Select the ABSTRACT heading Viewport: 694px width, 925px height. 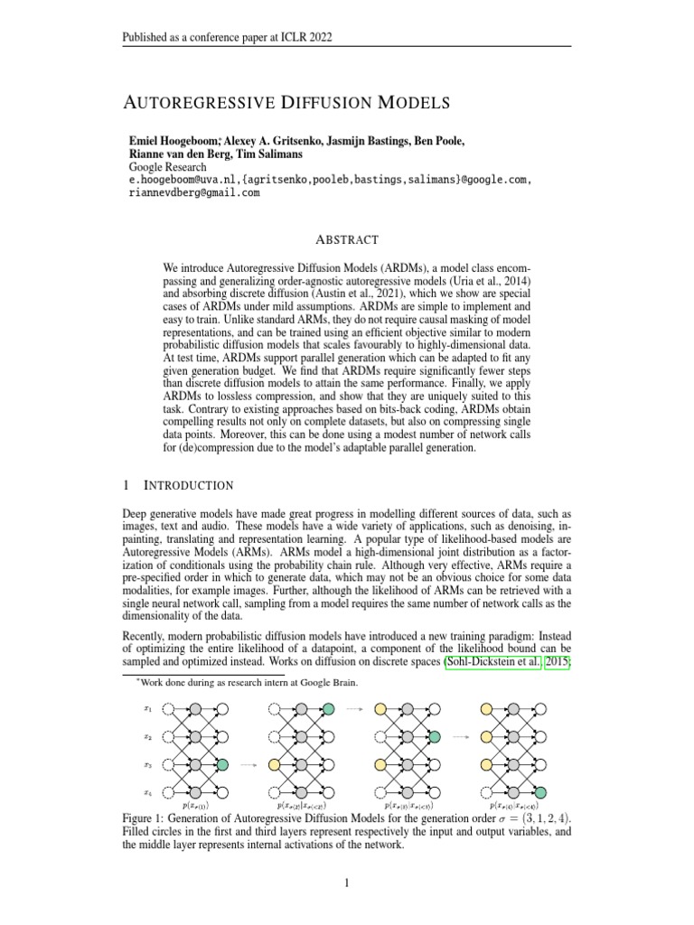[x=347, y=240]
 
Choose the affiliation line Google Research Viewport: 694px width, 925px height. [x=167, y=167]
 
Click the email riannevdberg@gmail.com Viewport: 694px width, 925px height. [x=194, y=192]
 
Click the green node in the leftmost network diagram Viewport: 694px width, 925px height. [x=222, y=765]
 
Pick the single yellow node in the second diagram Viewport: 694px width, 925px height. [x=274, y=765]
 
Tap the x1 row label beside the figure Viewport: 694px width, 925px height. [x=148, y=709]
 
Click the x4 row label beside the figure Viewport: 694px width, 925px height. [x=148, y=793]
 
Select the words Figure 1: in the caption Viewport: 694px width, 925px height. [x=146, y=818]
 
